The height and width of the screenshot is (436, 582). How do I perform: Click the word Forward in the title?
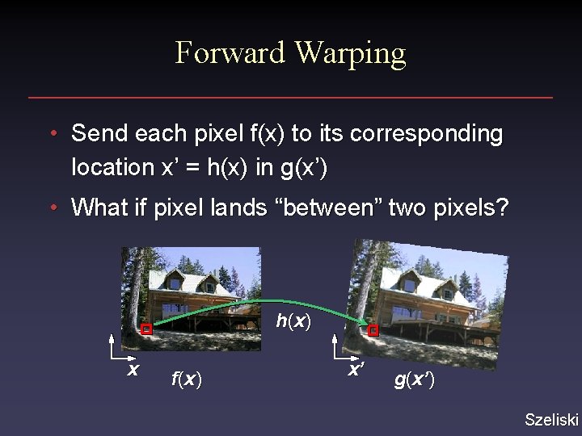click(230, 53)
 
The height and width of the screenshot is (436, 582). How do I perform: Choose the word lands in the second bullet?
click(240, 208)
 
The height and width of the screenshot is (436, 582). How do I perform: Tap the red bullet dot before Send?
click(52, 133)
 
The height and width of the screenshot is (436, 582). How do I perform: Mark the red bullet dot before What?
click(52, 208)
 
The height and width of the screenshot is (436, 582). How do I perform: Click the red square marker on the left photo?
click(146, 329)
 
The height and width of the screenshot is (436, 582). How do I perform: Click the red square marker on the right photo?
click(373, 330)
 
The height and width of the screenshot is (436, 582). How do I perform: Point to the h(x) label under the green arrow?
click(293, 321)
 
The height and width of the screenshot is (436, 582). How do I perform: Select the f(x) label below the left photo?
click(186, 379)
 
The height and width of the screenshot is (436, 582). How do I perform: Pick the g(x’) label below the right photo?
click(414, 380)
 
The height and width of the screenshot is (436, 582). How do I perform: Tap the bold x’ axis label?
click(356, 370)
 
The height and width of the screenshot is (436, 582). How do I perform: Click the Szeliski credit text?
click(551, 419)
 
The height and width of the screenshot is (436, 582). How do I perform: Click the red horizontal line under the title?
click(290, 98)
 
